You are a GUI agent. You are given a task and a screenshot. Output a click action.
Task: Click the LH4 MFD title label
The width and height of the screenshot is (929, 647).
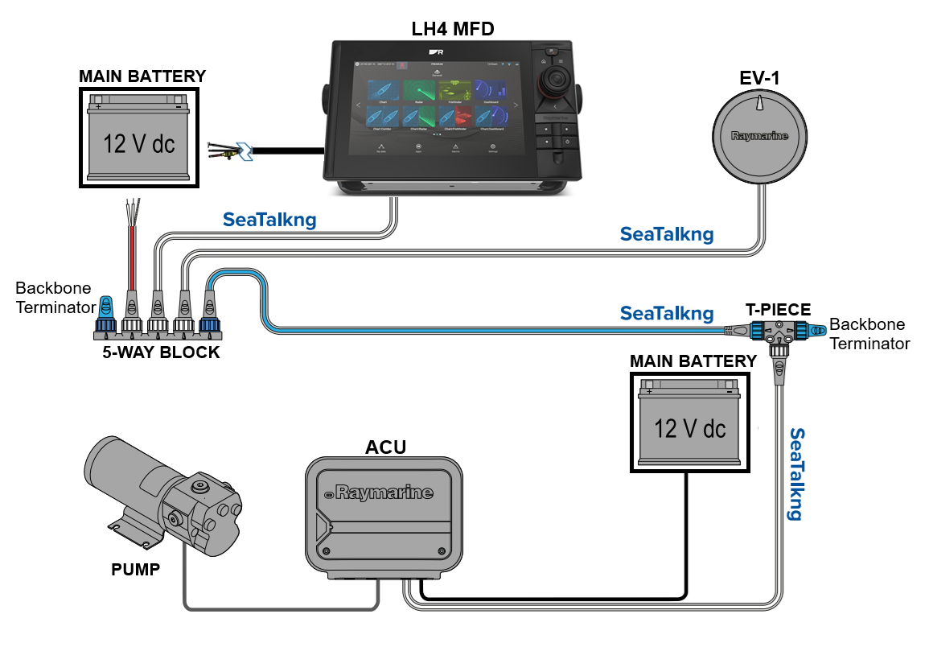point(453,30)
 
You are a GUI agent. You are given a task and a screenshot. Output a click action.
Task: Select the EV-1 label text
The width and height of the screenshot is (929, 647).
point(760,78)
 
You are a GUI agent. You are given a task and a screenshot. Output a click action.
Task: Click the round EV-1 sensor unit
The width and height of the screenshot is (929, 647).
point(760,137)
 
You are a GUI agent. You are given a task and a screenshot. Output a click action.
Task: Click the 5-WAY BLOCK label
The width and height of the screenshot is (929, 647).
point(161,352)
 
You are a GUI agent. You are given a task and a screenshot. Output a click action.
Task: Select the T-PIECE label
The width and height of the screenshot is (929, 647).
point(777,309)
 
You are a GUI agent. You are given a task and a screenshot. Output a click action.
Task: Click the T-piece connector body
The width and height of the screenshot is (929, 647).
point(777,331)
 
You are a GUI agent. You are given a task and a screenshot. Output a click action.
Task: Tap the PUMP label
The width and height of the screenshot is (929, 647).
point(135,571)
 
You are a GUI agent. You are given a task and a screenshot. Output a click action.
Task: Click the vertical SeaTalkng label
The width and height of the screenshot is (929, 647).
point(797,474)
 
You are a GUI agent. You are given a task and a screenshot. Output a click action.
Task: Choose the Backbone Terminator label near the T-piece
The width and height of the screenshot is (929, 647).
point(868,334)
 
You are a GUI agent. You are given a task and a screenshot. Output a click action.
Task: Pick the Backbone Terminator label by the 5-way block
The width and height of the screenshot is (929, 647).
point(53,296)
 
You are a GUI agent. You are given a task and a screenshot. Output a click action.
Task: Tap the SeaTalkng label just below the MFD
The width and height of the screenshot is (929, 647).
point(269,219)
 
